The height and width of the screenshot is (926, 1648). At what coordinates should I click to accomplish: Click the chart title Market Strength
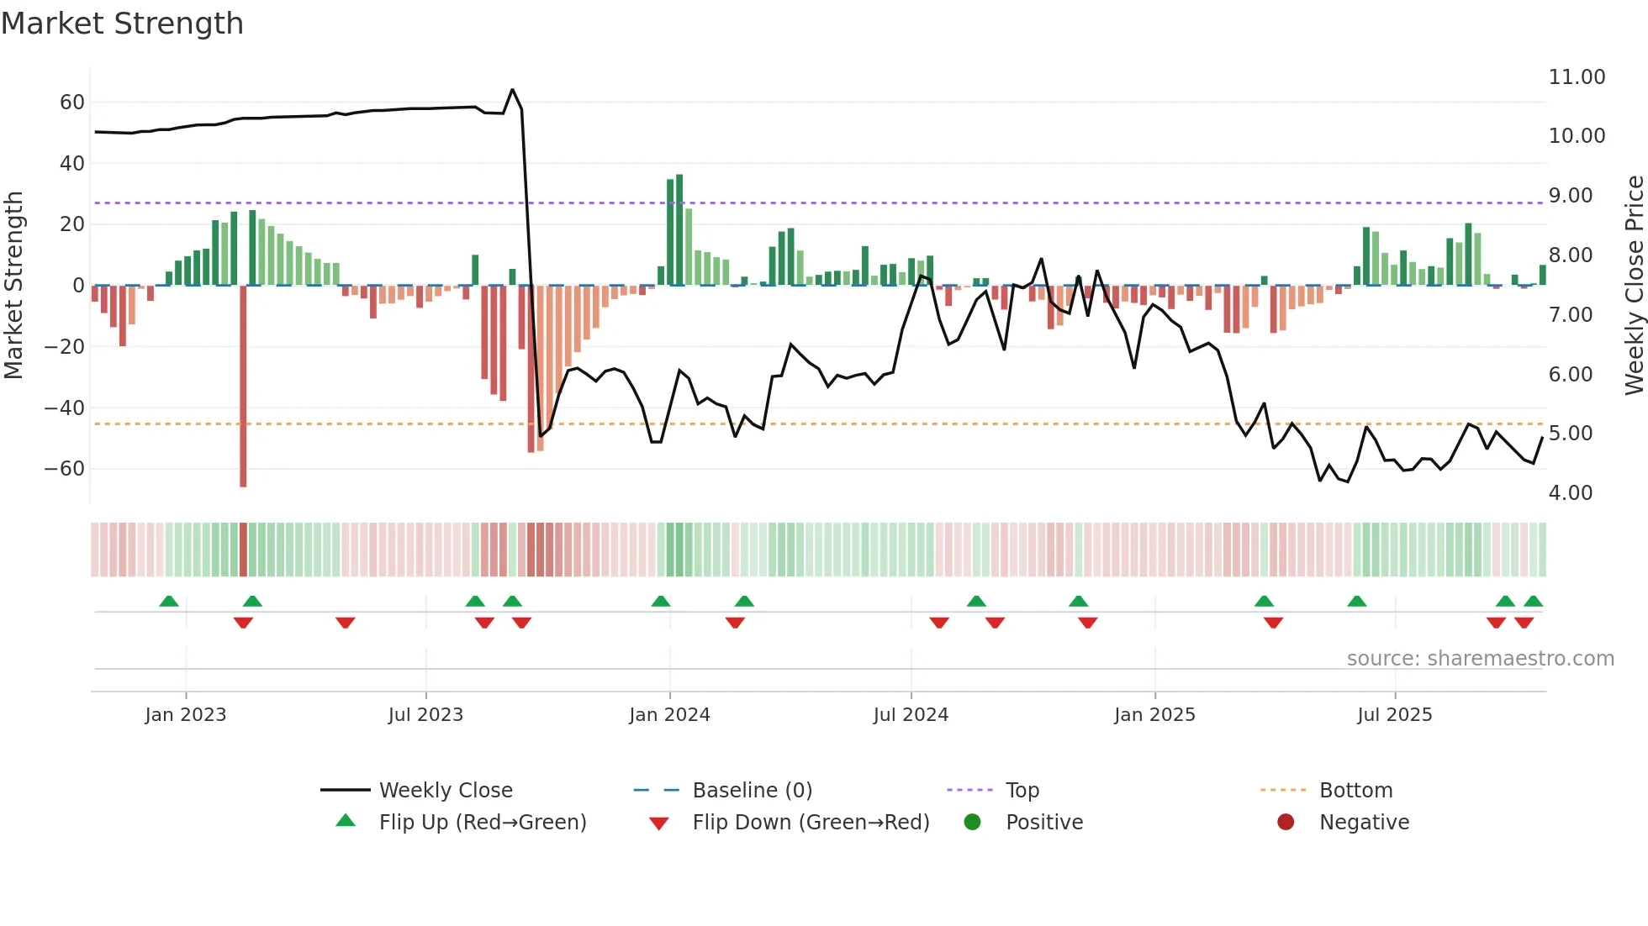[122, 24]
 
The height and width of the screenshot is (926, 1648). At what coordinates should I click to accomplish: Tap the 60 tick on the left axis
[71, 103]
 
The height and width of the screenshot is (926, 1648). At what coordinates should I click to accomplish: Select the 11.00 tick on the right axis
[1577, 77]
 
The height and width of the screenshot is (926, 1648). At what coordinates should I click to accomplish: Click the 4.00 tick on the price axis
[1570, 493]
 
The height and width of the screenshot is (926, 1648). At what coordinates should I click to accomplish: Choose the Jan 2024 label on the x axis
[669, 715]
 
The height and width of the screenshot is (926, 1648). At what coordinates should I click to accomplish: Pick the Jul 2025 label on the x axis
[1394, 715]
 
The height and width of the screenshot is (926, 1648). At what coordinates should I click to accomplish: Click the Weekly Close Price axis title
[1634, 286]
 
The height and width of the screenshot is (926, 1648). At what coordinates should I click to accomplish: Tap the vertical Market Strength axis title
[13, 286]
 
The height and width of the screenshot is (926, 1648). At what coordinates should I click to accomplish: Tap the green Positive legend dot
[973, 823]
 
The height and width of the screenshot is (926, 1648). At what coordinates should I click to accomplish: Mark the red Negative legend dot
[1286, 823]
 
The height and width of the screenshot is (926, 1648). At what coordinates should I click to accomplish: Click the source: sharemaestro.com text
[1480, 659]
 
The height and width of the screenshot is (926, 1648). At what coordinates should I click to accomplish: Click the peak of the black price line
[512, 90]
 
